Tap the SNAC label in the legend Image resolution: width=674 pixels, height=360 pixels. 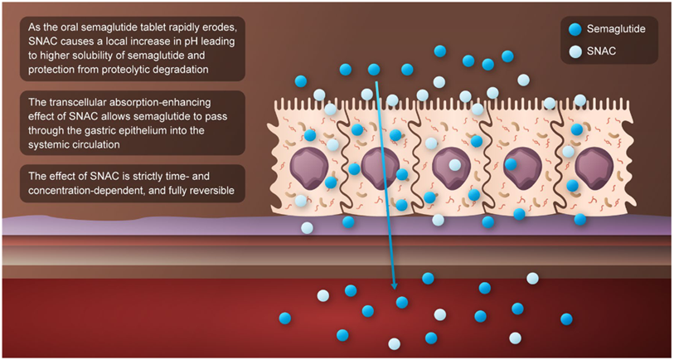point(604,50)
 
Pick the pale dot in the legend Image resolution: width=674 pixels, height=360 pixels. point(575,50)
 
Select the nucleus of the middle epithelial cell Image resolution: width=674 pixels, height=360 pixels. point(449,164)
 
